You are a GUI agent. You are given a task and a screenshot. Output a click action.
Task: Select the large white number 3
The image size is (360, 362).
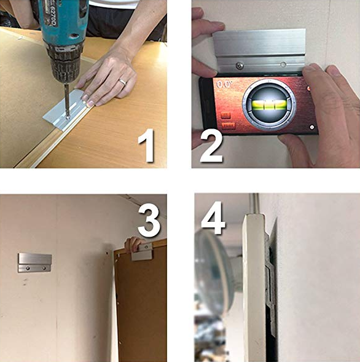149,222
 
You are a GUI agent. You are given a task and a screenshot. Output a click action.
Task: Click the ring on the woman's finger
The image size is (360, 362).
123,81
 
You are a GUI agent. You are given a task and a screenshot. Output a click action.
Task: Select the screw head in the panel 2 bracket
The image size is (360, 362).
240,65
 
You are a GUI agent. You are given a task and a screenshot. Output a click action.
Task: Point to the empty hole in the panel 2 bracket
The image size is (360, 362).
282,64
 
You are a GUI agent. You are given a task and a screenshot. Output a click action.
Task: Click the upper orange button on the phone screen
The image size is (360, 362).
225,115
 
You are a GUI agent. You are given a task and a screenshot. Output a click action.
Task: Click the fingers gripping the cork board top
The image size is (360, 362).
131,244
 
